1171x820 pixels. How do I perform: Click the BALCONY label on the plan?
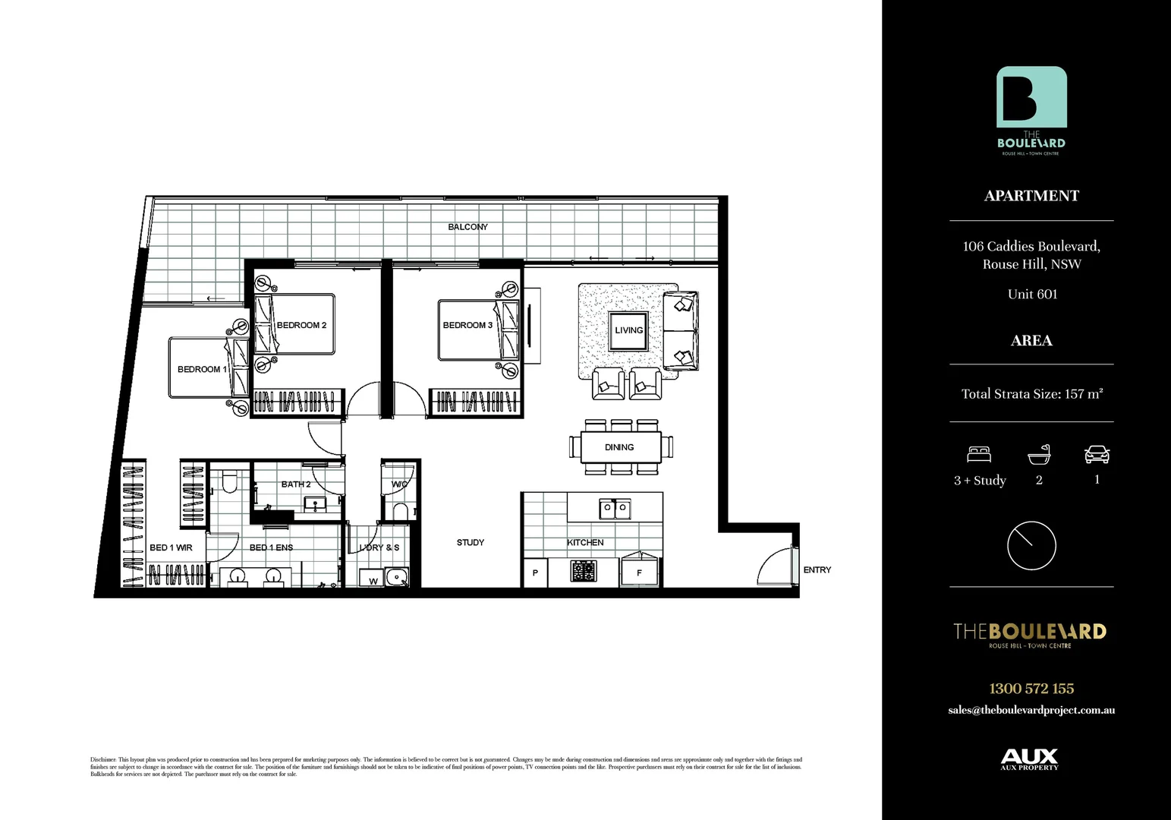point(467,227)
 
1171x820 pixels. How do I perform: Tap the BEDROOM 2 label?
point(301,325)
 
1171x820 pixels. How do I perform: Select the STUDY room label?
point(471,542)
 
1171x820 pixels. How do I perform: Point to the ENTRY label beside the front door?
point(817,569)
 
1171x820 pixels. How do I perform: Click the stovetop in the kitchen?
point(584,571)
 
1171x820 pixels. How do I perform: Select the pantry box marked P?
point(535,572)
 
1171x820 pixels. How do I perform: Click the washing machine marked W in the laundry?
point(373,581)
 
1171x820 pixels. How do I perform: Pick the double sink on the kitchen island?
point(614,508)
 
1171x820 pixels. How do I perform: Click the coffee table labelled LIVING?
point(628,330)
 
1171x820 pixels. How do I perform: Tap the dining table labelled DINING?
point(620,447)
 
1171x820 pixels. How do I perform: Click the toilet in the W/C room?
point(400,510)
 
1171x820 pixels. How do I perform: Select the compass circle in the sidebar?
point(1031,545)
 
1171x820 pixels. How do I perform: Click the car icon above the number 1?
point(1097,454)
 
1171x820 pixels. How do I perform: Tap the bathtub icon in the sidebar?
point(1039,454)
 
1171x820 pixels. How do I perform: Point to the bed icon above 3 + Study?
point(979,454)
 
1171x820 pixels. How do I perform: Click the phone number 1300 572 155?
point(1031,689)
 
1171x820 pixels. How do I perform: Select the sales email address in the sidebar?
point(1031,710)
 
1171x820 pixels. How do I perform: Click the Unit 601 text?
point(1032,294)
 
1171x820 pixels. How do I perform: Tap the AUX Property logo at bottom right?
point(1029,758)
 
